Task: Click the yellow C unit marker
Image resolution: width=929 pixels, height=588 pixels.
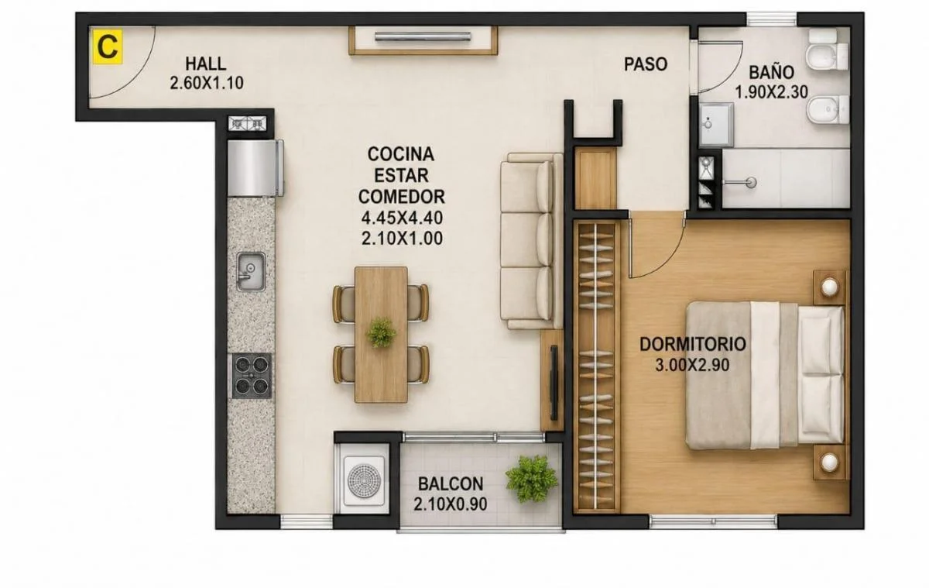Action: [108, 46]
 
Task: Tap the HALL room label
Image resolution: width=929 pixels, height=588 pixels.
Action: [206, 64]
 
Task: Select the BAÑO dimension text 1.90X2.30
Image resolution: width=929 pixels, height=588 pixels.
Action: [771, 92]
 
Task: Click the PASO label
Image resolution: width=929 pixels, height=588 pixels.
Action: [646, 64]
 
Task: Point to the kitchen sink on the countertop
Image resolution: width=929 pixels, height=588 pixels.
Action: [251, 272]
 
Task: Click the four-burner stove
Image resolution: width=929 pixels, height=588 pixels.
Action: [252, 376]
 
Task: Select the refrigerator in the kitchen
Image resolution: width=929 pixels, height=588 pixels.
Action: [255, 167]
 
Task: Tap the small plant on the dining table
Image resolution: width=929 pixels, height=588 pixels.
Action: [381, 332]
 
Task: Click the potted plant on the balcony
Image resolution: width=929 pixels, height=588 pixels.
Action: [532, 479]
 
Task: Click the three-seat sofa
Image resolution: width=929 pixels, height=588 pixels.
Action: [532, 241]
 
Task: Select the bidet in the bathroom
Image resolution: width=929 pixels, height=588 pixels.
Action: [828, 109]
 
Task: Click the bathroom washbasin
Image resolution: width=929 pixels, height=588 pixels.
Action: [716, 125]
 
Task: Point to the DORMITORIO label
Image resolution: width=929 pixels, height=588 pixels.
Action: [693, 344]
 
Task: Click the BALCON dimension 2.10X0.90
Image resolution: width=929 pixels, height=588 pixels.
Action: [451, 504]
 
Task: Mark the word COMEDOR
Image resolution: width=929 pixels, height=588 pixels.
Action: [402, 197]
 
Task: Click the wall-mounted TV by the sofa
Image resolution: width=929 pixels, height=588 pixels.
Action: [554, 383]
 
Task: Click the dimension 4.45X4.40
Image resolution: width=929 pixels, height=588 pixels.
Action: [402, 218]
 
